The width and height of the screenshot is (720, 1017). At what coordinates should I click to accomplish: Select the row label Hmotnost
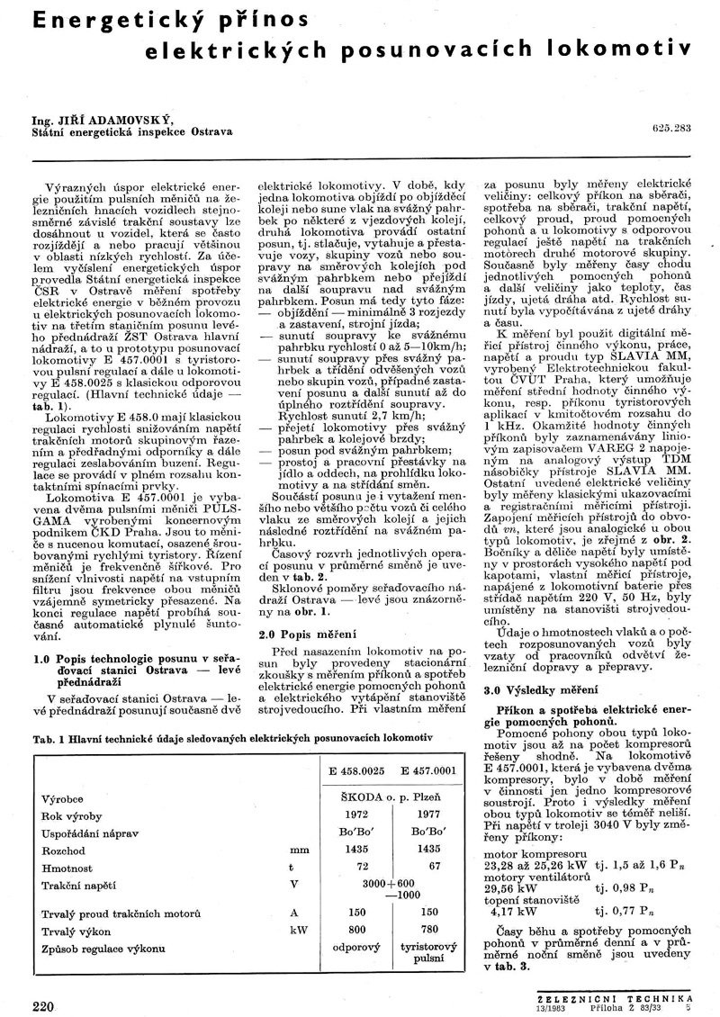click(x=67, y=867)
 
